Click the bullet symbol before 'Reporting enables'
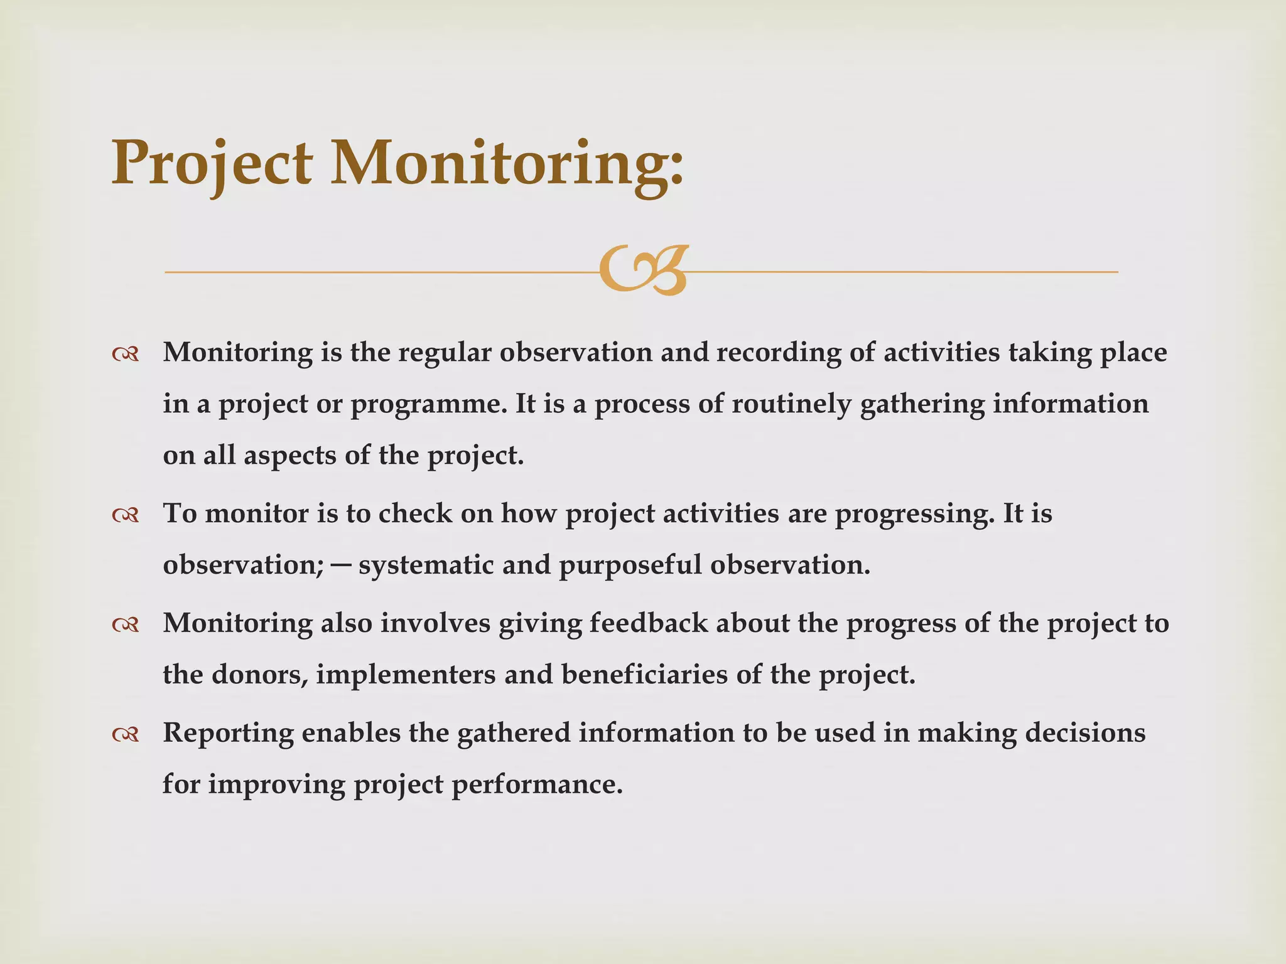pos(126,734)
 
